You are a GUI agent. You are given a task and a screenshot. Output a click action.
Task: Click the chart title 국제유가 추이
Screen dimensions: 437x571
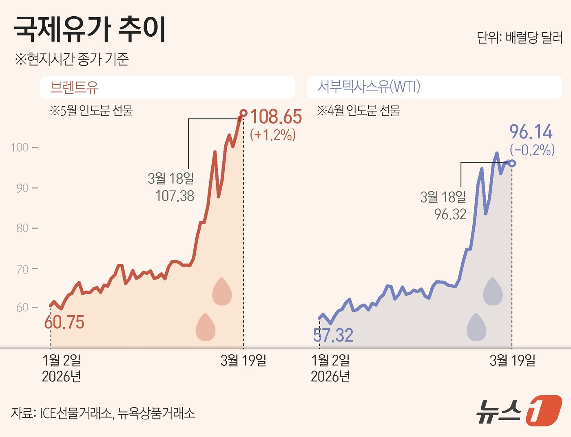coord(90,30)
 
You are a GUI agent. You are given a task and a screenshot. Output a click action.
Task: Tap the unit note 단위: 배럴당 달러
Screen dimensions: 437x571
coord(519,38)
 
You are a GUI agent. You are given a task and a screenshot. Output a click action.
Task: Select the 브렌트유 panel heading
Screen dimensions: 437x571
coord(74,87)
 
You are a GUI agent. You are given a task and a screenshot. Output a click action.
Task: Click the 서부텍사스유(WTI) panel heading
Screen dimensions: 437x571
coord(369,87)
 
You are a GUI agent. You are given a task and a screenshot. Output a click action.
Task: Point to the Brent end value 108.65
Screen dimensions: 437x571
coord(276,117)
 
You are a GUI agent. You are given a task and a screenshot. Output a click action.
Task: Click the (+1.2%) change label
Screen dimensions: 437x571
coord(273,135)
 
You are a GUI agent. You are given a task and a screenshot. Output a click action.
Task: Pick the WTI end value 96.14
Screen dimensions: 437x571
coord(531,132)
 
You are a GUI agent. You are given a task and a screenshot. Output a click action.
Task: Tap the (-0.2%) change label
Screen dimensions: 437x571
coord(532,150)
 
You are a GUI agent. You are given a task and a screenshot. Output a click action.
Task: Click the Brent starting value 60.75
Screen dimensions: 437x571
coord(64,322)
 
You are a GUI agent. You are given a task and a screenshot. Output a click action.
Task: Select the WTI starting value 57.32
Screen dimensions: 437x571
coord(333,335)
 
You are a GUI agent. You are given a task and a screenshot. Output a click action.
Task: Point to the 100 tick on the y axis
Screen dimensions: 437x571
coord(20,148)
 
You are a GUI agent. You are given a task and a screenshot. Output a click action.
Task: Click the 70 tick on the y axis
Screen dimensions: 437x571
coord(22,269)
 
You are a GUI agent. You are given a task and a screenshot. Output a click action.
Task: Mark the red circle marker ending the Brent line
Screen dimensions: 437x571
coord(243,113)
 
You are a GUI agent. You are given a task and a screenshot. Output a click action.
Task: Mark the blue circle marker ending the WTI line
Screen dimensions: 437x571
coord(512,163)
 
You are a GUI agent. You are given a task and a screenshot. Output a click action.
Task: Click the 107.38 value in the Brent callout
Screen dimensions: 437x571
coord(175,196)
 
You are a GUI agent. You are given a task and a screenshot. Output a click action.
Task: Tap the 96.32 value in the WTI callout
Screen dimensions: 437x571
coord(450,214)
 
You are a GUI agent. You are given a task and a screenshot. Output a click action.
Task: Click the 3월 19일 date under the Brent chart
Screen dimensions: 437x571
coord(243,360)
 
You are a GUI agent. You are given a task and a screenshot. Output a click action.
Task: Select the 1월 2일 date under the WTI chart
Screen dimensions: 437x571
coord(330,360)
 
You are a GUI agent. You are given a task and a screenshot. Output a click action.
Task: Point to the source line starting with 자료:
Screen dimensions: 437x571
coord(103,413)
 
